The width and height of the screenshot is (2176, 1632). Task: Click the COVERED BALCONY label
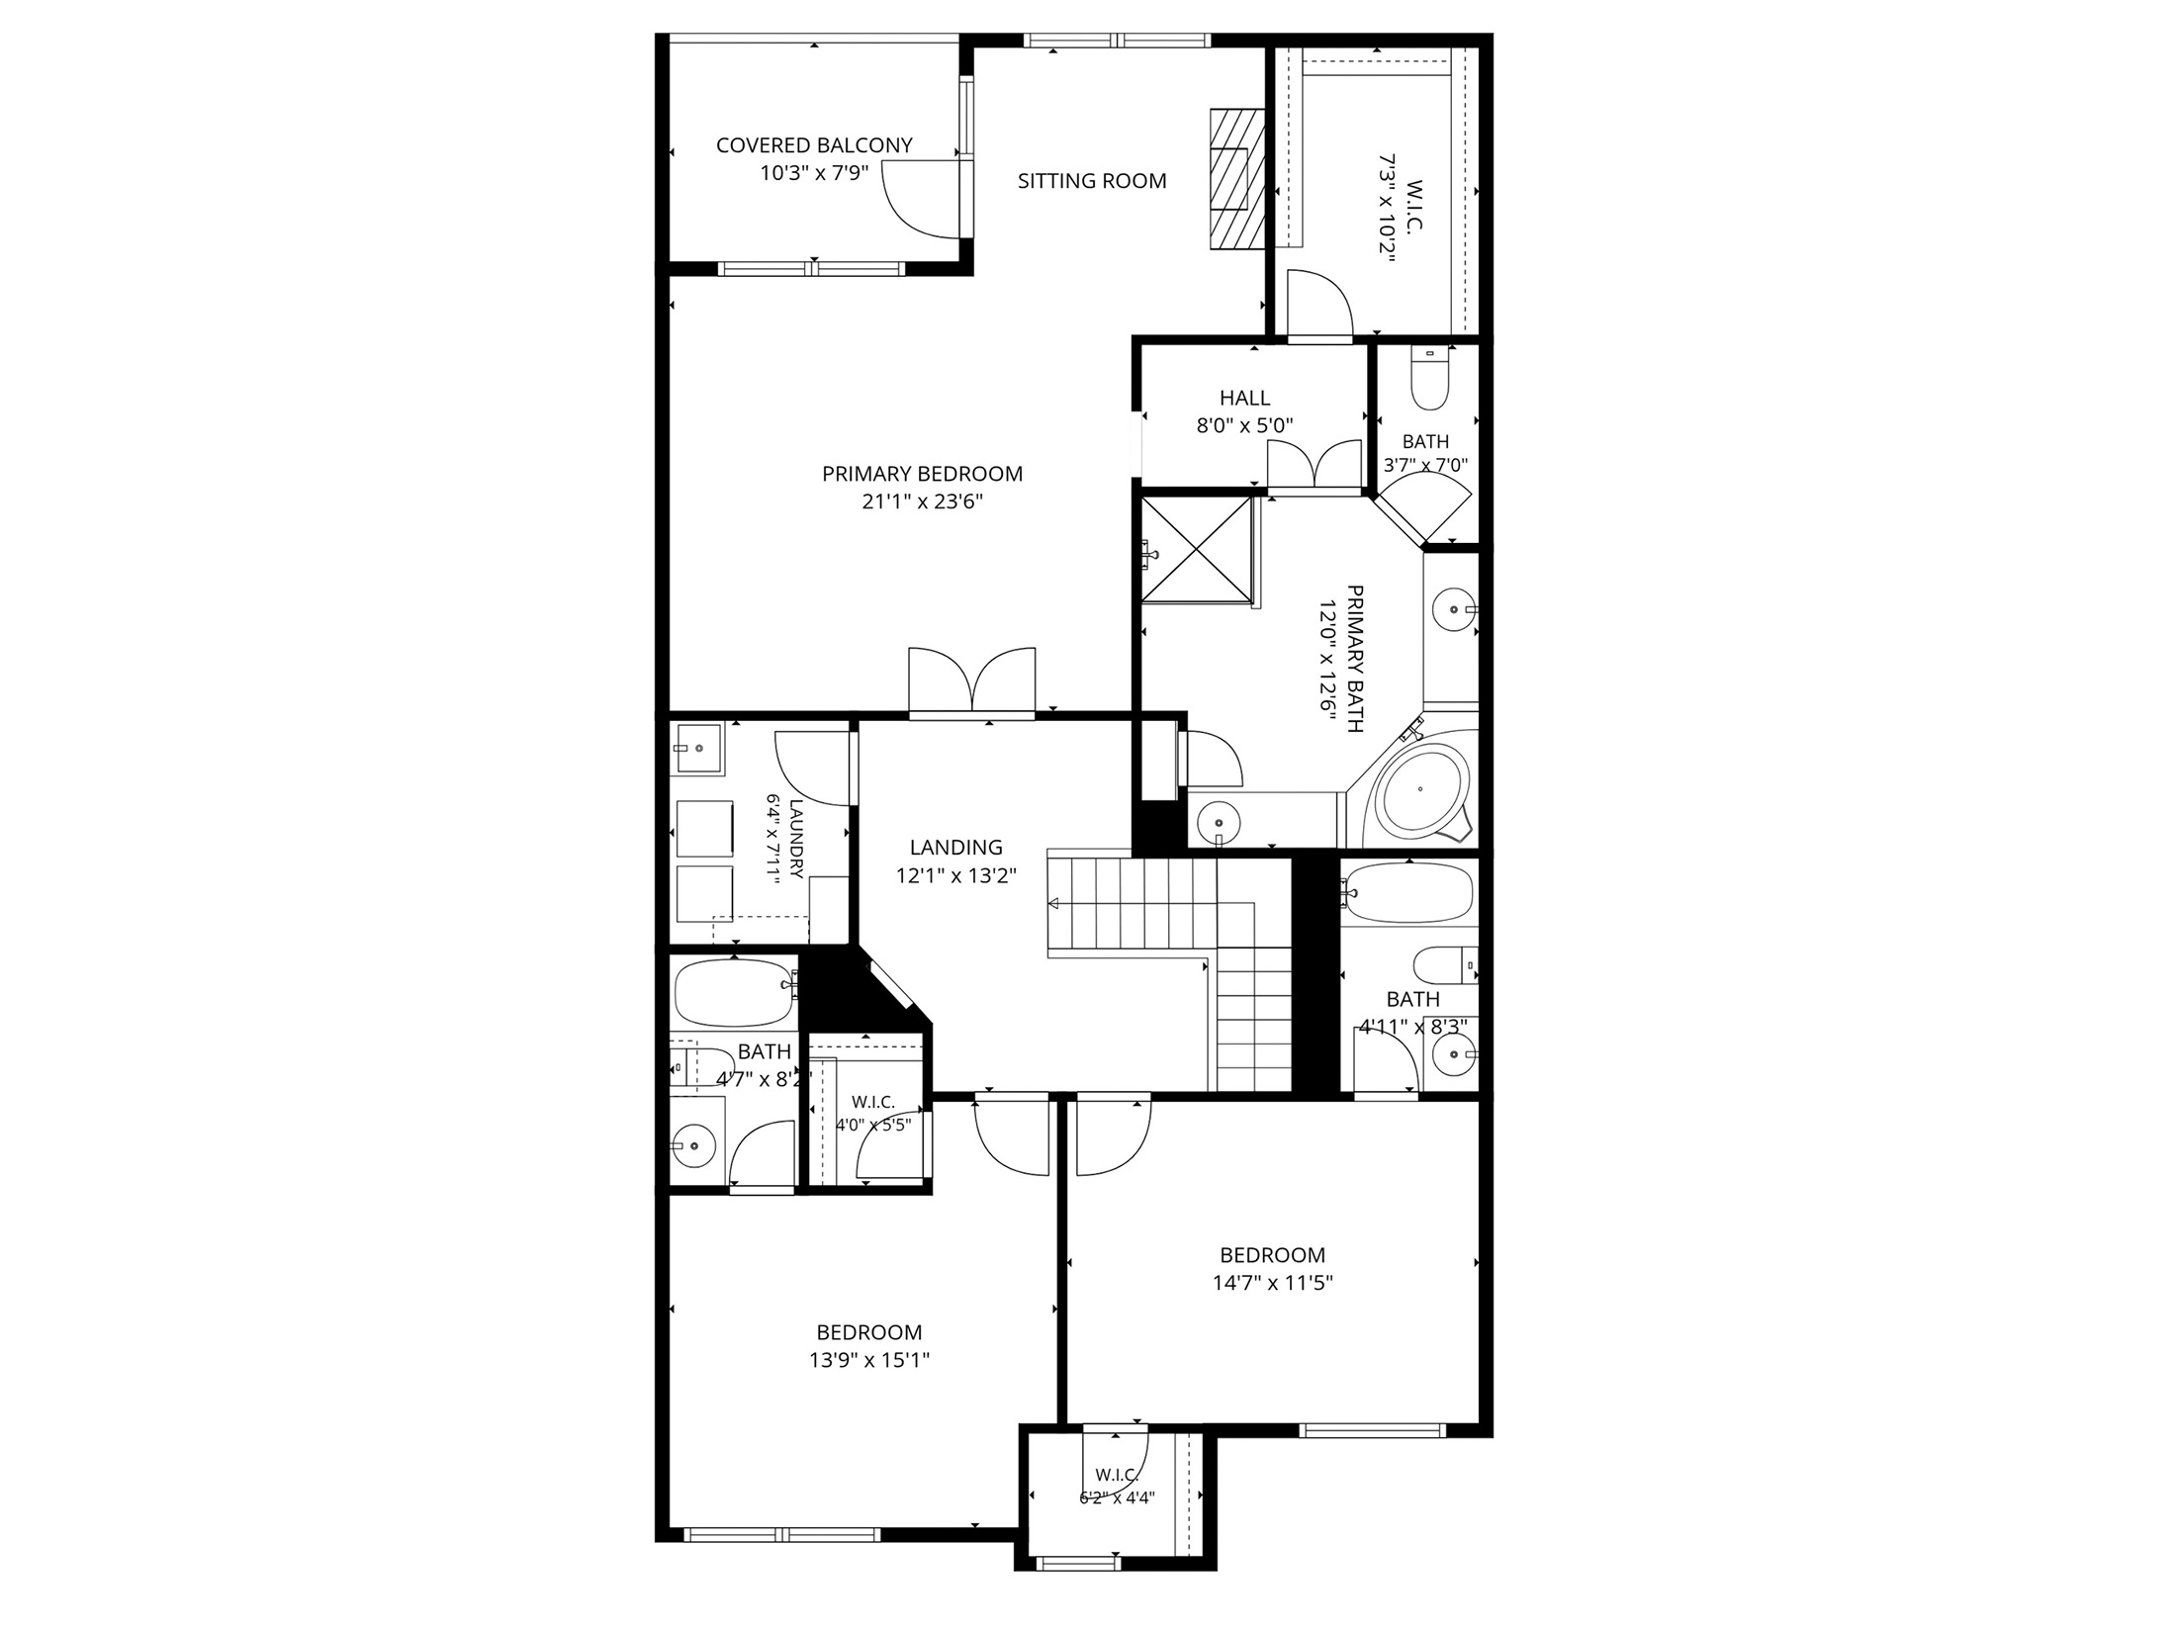pyautogui.click(x=814, y=145)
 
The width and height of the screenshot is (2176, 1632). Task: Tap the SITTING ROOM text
pyautogui.click(x=1092, y=181)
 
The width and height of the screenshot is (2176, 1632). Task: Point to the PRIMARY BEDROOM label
pyautogui.click(x=922, y=474)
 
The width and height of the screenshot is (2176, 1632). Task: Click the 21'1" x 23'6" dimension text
pyautogui.click(x=922, y=501)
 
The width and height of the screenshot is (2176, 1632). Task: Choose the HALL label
pyautogui.click(x=1244, y=398)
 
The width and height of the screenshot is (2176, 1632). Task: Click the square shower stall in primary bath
pyautogui.click(x=1197, y=548)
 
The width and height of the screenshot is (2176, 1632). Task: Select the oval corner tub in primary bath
pyautogui.click(x=1420, y=789)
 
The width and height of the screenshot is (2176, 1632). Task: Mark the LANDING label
pyautogui.click(x=955, y=847)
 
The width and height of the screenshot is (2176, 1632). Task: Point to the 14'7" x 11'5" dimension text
pyautogui.click(x=1272, y=1283)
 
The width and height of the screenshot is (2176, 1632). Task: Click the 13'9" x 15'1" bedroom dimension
pyautogui.click(x=868, y=1360)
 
